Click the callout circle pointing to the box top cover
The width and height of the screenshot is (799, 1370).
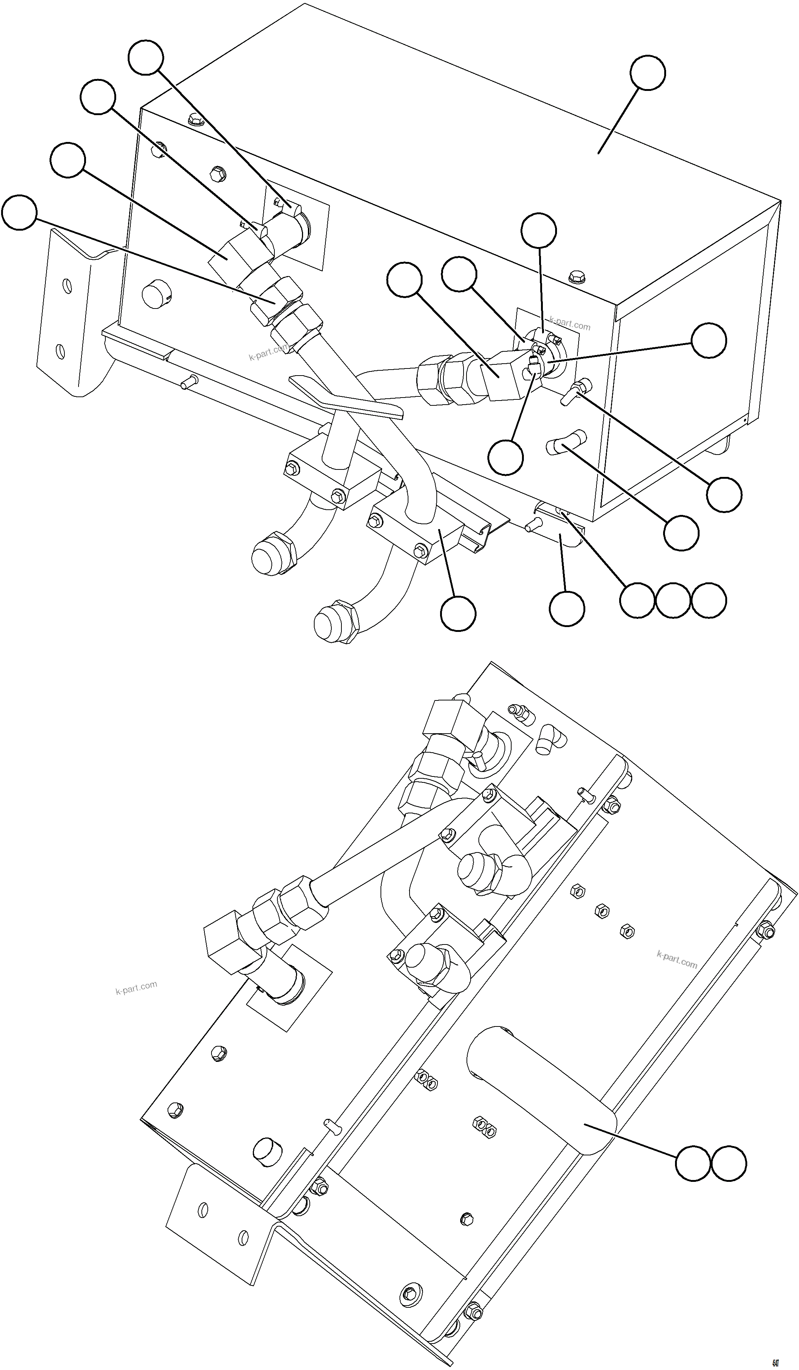pos(647,72)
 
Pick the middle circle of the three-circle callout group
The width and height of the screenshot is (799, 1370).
pos(673,601)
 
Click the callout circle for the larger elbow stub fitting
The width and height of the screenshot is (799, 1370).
pos(681,533)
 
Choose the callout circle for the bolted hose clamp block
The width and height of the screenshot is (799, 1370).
pos(458,613)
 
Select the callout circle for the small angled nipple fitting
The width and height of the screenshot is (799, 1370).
pos(724,495)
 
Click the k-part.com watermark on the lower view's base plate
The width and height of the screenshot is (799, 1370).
pos(676,959)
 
